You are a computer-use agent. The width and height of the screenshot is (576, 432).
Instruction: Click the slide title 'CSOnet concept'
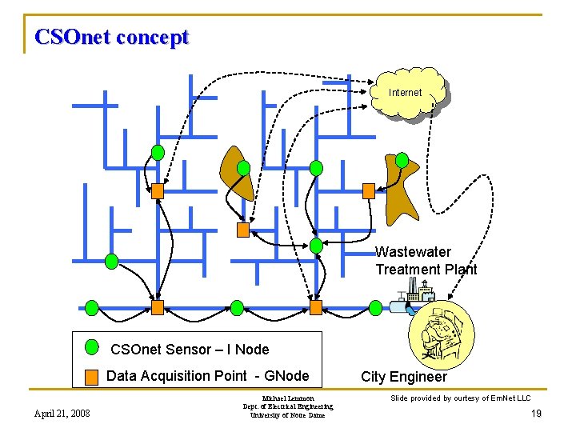[x=112, y=37]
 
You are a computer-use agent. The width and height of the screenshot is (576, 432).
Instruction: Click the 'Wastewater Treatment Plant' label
[x=426, y=261]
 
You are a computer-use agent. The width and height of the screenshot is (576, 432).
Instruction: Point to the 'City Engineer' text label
[x=404, y=377]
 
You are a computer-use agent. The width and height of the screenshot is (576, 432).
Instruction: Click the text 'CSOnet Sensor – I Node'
[x=190, y=349]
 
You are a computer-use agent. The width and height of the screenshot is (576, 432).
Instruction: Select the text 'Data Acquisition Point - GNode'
[x=207, y=376]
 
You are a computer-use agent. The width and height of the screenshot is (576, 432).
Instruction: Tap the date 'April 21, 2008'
[x=62, y=413]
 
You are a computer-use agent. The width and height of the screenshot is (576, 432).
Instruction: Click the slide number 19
[x=536, y=414]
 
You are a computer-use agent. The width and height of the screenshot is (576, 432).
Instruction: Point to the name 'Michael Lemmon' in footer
[x=288, y=398]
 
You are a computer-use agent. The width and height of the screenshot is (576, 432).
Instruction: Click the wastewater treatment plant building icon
[x=410, y=300]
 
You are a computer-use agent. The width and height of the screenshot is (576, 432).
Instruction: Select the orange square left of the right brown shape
[x=369, y=190]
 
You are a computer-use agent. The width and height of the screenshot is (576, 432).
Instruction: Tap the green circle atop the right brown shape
[x=402, y=159]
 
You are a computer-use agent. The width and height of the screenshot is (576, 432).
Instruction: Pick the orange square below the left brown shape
[x=243, y=230]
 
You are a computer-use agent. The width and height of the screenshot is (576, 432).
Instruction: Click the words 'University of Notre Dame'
[x=288, y=415]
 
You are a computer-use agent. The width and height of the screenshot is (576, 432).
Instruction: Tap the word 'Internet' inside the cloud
[x=405, y=93]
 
